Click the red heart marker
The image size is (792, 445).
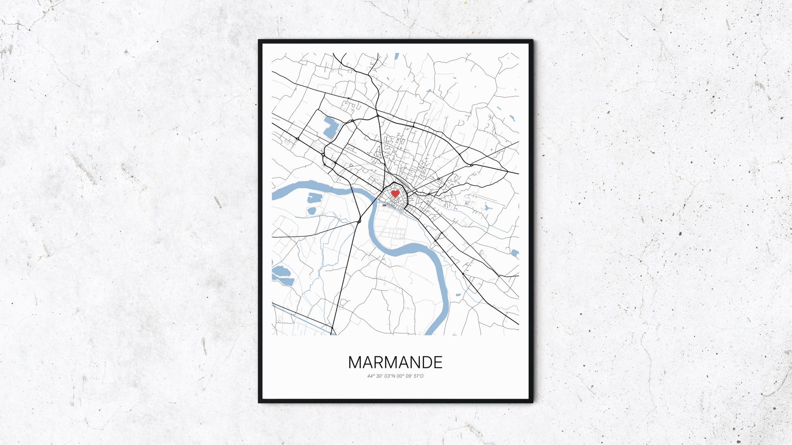(395, 193)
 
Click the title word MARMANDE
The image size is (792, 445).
(395, 362)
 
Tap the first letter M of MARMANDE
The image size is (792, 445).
(356, 362)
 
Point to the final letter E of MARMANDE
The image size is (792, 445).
(438, 362)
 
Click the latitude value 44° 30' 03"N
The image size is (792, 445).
(381, 376)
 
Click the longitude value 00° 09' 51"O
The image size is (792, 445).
(410, 376)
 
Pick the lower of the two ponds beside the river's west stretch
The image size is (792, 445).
(311, 211)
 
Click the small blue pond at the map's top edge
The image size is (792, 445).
(397, 55)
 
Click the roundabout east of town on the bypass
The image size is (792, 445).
(471, 165)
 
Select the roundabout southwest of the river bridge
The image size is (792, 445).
(359, 221)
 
